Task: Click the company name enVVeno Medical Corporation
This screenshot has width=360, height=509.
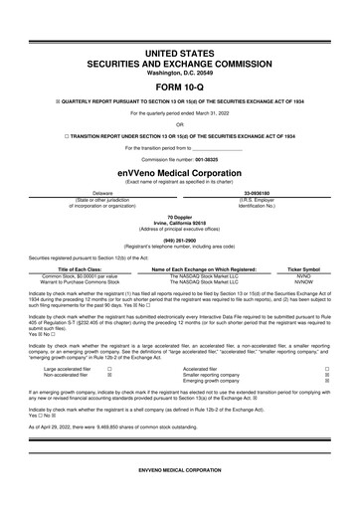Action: tap(179, 171)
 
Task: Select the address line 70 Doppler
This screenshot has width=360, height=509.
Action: tap(179, 216)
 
